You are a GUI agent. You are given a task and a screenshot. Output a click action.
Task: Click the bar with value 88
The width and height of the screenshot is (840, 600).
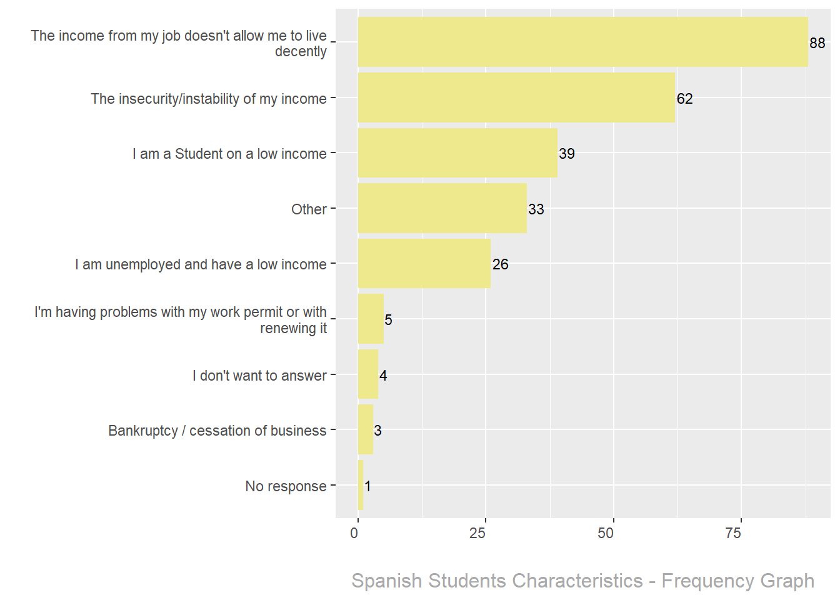(x=582, y=42)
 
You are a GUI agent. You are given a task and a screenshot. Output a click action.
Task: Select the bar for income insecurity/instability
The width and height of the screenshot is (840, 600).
(x=516, y=97)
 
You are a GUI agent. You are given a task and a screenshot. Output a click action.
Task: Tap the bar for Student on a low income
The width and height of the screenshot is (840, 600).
(x=457, y=153)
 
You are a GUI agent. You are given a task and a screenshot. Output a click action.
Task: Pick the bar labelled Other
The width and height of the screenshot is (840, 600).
(x=442, y=208)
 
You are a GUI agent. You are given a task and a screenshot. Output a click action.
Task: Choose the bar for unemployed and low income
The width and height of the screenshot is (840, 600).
(x=424, y=264)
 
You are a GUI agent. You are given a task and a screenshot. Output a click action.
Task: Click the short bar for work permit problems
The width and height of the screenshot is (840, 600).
(x=371, y=319)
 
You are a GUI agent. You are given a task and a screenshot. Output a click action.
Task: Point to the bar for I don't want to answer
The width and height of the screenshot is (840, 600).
(x=368, y=374)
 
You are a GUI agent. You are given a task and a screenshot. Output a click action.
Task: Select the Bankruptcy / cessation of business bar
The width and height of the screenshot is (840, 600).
(x=366, y=429)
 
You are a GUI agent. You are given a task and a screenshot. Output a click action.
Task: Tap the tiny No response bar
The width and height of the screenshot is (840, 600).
(x=361, y=485)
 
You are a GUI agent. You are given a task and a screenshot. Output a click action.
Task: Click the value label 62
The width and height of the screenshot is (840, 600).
(x=684, y=99)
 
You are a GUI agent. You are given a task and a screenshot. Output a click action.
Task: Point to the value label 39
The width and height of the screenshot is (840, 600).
(x=567, y=154)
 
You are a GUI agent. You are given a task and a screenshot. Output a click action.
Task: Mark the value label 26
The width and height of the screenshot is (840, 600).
(x=500, y=264)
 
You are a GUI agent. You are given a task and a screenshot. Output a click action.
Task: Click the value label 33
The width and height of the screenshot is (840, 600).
(x=536, y=209)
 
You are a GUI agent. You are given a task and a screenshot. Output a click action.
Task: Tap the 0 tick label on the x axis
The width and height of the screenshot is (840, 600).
(x=354, y=533)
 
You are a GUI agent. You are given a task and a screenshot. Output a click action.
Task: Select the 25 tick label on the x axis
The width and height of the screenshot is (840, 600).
(x=477, y=533)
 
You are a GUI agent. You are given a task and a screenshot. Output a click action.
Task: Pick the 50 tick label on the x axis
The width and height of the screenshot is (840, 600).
(x=606, y=533)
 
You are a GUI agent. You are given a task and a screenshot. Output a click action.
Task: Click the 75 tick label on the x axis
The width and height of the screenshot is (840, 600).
(x=733, y=533)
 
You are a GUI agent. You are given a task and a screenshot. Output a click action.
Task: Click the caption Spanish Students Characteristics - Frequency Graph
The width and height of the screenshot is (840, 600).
(x=582, y=581)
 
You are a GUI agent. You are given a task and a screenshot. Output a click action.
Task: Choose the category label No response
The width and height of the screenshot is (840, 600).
(x=286, y=486)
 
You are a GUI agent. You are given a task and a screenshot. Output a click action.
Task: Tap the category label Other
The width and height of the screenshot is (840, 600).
(x=309, y=209)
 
